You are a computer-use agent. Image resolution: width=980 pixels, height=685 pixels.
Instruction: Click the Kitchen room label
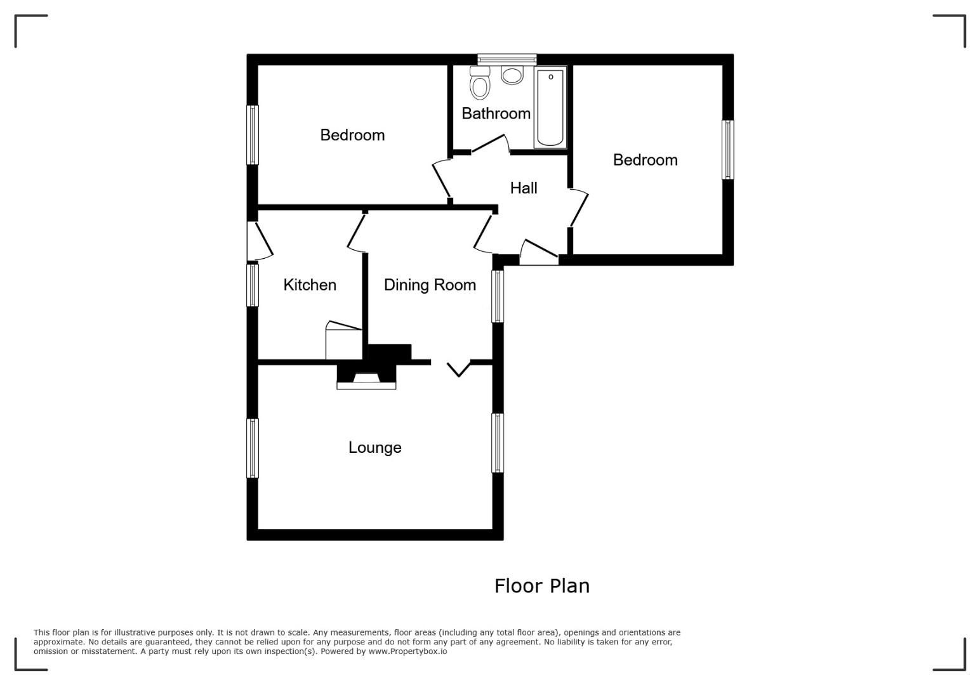tap(310, 285)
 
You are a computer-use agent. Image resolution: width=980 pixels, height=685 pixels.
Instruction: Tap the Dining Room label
tap(430, 285)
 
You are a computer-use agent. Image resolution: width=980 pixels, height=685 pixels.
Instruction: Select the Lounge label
tap(375, 448)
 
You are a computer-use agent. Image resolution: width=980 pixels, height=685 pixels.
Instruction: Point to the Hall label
tap(523, 188)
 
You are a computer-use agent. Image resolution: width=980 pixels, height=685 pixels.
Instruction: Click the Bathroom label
tap(496, 114)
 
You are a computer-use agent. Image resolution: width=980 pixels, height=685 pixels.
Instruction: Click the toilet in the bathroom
tap(479, 82)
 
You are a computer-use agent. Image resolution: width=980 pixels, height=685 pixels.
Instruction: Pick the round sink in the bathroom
tap(512, 75)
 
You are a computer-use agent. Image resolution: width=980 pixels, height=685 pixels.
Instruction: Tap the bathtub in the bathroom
tap(550, 107)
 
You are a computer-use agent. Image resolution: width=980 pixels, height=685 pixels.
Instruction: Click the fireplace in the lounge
tap(366, 376)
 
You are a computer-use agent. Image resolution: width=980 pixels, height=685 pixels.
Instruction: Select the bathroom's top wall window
tap(507, 60)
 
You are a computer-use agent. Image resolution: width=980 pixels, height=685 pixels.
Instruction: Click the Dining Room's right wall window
tap(498, 296)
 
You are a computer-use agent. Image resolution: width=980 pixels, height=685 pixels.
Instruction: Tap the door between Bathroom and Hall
tap(490, 144)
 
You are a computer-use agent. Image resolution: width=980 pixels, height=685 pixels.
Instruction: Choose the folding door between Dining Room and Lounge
tap(458, 369)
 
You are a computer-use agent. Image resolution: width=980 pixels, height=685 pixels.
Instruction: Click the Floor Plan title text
tap(542, 586)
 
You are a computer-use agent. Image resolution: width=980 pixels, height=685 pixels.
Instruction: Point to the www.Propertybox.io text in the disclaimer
tap(407, 651)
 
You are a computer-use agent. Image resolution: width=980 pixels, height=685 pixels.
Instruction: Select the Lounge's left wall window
tap(253, 448)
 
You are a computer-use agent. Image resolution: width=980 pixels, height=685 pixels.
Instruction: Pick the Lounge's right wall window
tap(498, 443)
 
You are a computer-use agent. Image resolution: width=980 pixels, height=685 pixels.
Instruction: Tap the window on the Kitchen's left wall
tap(253, 285)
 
